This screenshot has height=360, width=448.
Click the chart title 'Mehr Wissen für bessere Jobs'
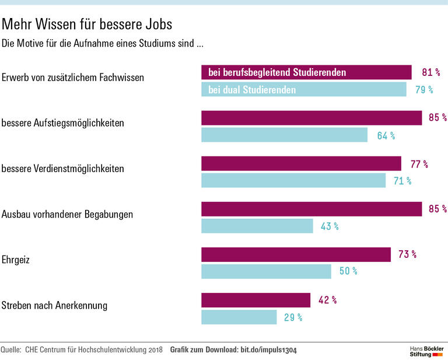coord(87,25)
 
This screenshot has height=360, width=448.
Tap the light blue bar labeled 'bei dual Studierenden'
coord(303,90)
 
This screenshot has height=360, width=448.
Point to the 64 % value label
coord(386,136)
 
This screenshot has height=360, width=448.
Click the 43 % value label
coord(330,226)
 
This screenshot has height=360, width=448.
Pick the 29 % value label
coord(293,317)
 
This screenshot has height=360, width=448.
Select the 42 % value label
coord(327,300)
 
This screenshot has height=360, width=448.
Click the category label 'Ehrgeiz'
coord(16,260)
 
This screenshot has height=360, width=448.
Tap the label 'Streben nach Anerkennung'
coord(54,305)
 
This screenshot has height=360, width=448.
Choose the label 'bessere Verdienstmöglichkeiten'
coord(63,169)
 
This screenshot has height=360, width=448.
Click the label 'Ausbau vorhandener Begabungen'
coord(67,214)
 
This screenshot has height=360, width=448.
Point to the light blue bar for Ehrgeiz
coord(266,271)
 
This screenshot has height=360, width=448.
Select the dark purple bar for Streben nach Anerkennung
coord(256,300)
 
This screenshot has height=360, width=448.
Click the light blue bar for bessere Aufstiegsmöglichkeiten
coord(284,135)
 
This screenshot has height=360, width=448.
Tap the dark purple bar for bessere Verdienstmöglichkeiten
coord(301,163)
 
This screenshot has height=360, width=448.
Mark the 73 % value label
coord(407,255)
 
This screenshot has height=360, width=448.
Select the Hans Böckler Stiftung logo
coord(426,351)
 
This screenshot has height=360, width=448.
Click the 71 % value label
coord(402,181)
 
